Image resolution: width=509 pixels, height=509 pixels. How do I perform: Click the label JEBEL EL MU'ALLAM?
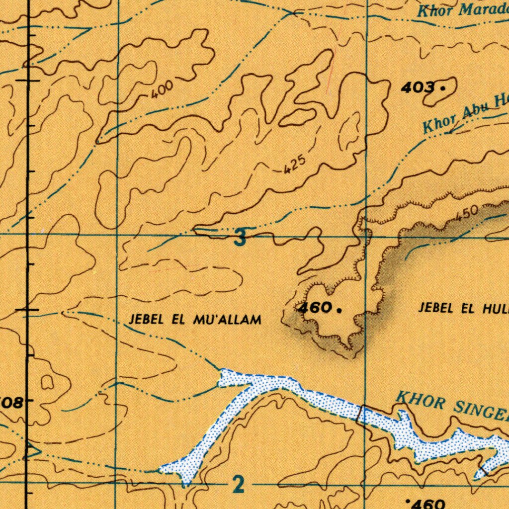tap(195, 320)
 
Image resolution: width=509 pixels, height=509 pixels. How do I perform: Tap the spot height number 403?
tap(417, 88)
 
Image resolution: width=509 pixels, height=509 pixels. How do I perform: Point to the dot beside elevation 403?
tap(442, 88)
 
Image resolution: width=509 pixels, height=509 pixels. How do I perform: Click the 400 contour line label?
tap(163, 90)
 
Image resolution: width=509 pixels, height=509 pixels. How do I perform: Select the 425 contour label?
tap(293, 166)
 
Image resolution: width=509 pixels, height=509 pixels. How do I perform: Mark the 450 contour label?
tap(467, 214)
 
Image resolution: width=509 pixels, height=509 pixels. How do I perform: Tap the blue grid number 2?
tap(239, 484)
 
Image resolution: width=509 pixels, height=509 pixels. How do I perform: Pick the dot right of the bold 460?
tap(339, 310)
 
